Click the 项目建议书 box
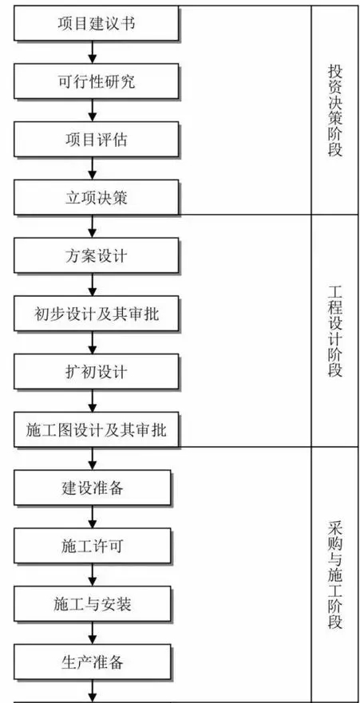97,23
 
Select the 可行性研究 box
97,81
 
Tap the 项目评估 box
97,140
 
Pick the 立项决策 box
97,197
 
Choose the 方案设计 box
97,255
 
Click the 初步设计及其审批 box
97,314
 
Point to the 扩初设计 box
97,372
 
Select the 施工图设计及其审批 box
97,429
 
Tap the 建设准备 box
93,488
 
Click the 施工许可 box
93,546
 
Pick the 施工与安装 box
93,604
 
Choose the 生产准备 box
93,662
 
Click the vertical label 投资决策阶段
335,110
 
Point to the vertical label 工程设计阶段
335,331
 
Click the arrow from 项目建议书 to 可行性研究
93,52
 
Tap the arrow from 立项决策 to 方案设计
93,227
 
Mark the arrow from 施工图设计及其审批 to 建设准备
93,458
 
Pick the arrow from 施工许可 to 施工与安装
93,575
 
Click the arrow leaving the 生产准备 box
93,690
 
